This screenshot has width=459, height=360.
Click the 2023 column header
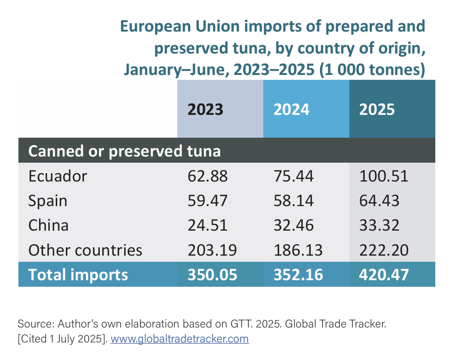(x=205, y=109)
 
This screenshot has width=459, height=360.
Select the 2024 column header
(x=291, y=109)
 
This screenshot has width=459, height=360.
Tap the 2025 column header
(x=377, y=109)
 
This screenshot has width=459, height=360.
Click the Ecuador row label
(x=58, y=176)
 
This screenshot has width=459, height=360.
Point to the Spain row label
(x=48, y=201)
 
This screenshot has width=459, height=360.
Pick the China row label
(x=49, y=225)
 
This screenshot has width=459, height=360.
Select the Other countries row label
(x=86, y=250)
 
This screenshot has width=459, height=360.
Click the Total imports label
(x=78, y=274)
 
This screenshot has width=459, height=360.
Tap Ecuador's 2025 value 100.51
(x=384, y=176)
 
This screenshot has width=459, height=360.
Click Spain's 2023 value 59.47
(x=208, y=201)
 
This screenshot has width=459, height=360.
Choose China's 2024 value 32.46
(x=294, y=225)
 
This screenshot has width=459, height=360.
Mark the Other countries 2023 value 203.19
(x=212, y=250)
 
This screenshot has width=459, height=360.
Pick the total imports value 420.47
(x=384, y=274)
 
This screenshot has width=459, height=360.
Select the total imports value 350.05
(x=212, y=274)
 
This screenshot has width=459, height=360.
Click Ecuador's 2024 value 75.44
(x=294, y=176)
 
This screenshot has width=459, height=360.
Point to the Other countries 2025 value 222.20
(x=384, y=250)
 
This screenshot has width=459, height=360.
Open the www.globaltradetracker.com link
(x=179, y=339)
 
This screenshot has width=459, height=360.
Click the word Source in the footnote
(x=33, y=324)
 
